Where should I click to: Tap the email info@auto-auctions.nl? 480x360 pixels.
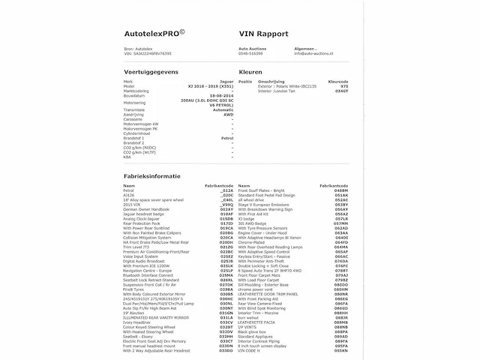(321, 54)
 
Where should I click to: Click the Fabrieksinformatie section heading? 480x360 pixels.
(151, 175)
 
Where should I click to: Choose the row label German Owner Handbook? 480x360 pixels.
(147, 209)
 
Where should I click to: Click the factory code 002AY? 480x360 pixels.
(226, 209)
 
